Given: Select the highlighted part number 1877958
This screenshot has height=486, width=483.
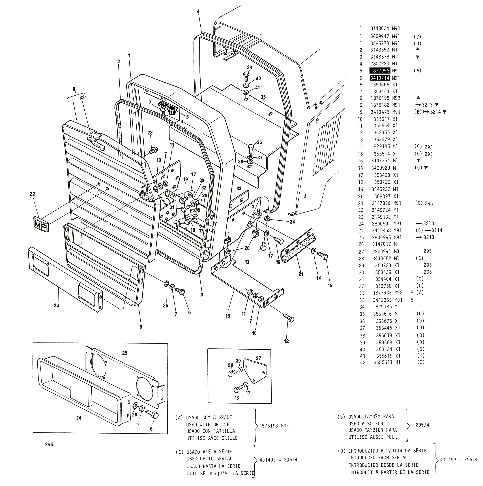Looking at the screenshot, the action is click(x=380, y=71).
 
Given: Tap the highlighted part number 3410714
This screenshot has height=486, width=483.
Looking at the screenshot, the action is click(x=380, y=78).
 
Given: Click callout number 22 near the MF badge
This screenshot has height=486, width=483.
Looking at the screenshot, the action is click(x=32, y=194).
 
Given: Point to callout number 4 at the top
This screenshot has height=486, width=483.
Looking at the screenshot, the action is click(x=198, y=12).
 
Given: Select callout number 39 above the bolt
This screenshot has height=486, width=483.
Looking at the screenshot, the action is click(x=249, y=67).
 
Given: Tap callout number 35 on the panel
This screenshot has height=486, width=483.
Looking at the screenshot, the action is click(x=263, y=97).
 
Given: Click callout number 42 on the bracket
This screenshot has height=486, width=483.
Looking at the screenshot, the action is click(x=239, y=188).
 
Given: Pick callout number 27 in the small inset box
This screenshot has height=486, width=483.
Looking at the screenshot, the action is click(x=258, y=358).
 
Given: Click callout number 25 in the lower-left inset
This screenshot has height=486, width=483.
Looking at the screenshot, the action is click(x=125, y=353).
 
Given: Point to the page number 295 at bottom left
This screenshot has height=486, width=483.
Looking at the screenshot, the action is click(x=49, y=452).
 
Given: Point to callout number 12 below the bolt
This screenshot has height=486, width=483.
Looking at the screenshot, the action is click(x=286, y=341).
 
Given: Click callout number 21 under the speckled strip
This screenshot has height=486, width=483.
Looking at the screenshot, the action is click(x=301, y=274).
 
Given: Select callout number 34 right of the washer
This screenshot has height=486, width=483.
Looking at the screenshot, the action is click(x=292, y=222).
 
